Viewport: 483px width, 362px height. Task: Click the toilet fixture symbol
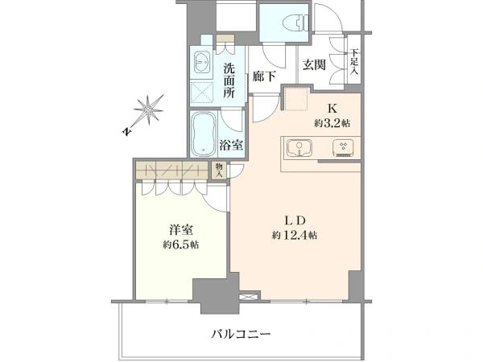[295, 23]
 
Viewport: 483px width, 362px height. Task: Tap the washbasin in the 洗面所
[202, 62]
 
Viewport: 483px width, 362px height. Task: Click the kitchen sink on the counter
[299, 147]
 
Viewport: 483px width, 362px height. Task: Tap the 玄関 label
[314, 65]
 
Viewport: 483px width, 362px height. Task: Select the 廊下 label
[264, 76]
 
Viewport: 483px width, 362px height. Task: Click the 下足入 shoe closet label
[354, 61]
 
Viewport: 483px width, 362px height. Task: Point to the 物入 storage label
[219, 171]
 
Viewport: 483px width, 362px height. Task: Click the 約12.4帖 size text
[295, 236]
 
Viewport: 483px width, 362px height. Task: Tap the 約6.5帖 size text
[181, 245]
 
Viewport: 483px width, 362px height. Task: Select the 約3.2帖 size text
[332, 123]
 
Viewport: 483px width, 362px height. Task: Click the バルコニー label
[241, 334]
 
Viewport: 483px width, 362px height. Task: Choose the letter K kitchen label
[332, 109]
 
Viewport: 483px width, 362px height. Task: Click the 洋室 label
[181, 230]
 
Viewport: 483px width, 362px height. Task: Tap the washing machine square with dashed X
[202, 92]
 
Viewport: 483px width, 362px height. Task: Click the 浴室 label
[231, 145]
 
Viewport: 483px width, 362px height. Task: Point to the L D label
[295, 220]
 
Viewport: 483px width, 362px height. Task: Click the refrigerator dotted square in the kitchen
[296, 98]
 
